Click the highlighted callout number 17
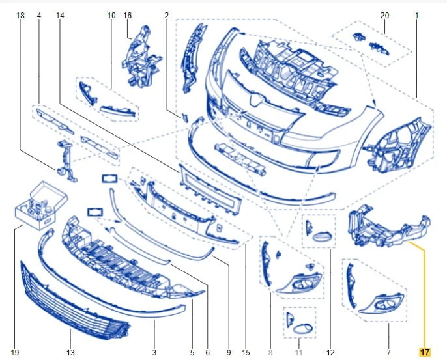coord(424,352)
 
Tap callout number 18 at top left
coord(20,16)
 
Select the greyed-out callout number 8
coord(270,353)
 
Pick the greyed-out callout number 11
coord(298,353)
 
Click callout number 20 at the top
coord(384,16)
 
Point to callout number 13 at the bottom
coord(70,353)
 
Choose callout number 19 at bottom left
coord(15,353)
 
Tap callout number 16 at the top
coord(128,16)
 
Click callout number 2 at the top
coord(167,16)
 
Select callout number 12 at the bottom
coord(330,353)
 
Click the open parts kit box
coord(41,205)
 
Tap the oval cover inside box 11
coord(303,329)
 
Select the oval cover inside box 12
coord(323,236)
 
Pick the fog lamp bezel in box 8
coord(299,283)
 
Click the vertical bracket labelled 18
coord(66,161)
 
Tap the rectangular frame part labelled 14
coord(210,189)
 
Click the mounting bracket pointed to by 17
coord(388,227)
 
